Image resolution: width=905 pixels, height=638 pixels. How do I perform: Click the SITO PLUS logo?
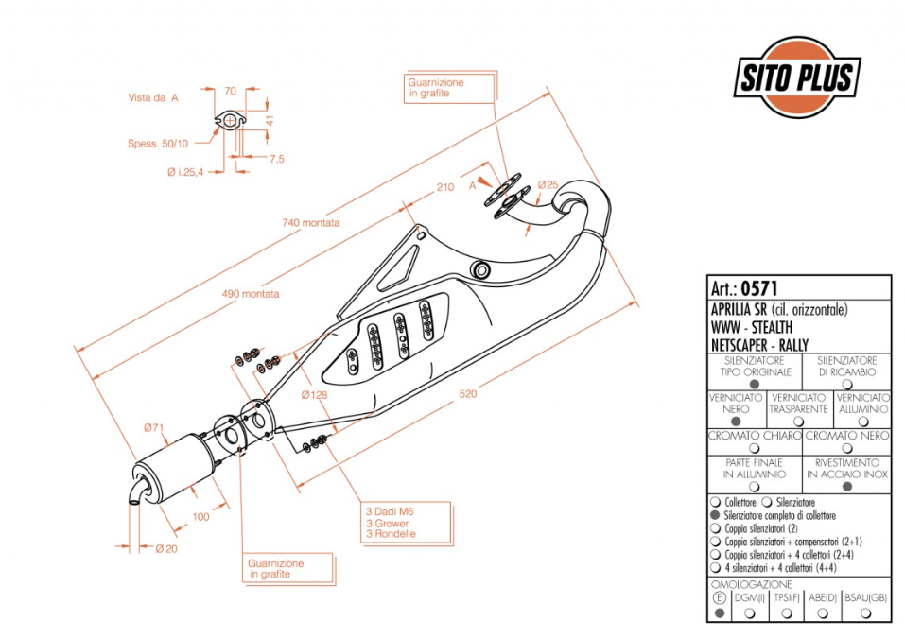click(x=797, y=78)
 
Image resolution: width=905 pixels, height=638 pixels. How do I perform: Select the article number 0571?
click(x=759, y=287)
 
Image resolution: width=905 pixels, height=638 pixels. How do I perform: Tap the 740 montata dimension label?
click(x=310, y=222)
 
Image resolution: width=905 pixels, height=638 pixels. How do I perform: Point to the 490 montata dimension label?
click(x=251, y=294)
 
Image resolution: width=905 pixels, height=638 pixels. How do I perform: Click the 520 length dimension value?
click(x=468, y=393)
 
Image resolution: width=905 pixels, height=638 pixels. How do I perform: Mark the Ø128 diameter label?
click(x=315, y=395)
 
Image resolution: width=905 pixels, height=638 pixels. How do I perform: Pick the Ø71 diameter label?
click(x=154, y=428)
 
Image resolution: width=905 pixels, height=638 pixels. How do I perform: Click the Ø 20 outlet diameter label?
click(x=166, y=548)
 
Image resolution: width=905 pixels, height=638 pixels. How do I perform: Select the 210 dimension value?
click(x=445, y=187)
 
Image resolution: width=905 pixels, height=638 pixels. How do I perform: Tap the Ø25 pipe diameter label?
click(x=548, y=185)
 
